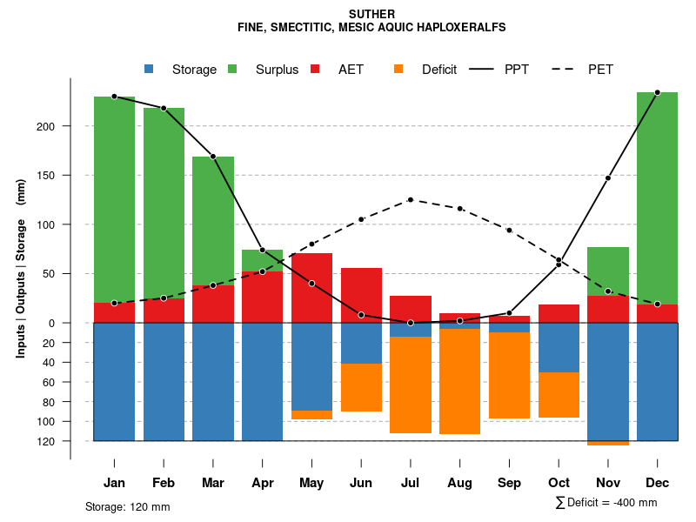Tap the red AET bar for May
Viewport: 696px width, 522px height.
pos(311,288)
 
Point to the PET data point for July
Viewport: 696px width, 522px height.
pos(411,200)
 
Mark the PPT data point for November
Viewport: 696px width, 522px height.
pos(608,178)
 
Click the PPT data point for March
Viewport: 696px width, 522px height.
pos(213,157)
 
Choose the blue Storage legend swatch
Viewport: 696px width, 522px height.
pos(149,70)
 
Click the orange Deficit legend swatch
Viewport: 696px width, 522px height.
pos(398,70)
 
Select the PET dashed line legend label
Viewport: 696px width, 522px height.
pos(600,70)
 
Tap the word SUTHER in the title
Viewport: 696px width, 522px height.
pos(371,14)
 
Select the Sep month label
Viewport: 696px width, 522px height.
pos(509,483)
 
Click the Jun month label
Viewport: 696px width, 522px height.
pos(361,483)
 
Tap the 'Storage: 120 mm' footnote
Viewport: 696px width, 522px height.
pos(128,506)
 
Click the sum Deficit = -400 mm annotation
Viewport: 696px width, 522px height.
pos(606,503)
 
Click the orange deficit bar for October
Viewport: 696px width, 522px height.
pos(559,394)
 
